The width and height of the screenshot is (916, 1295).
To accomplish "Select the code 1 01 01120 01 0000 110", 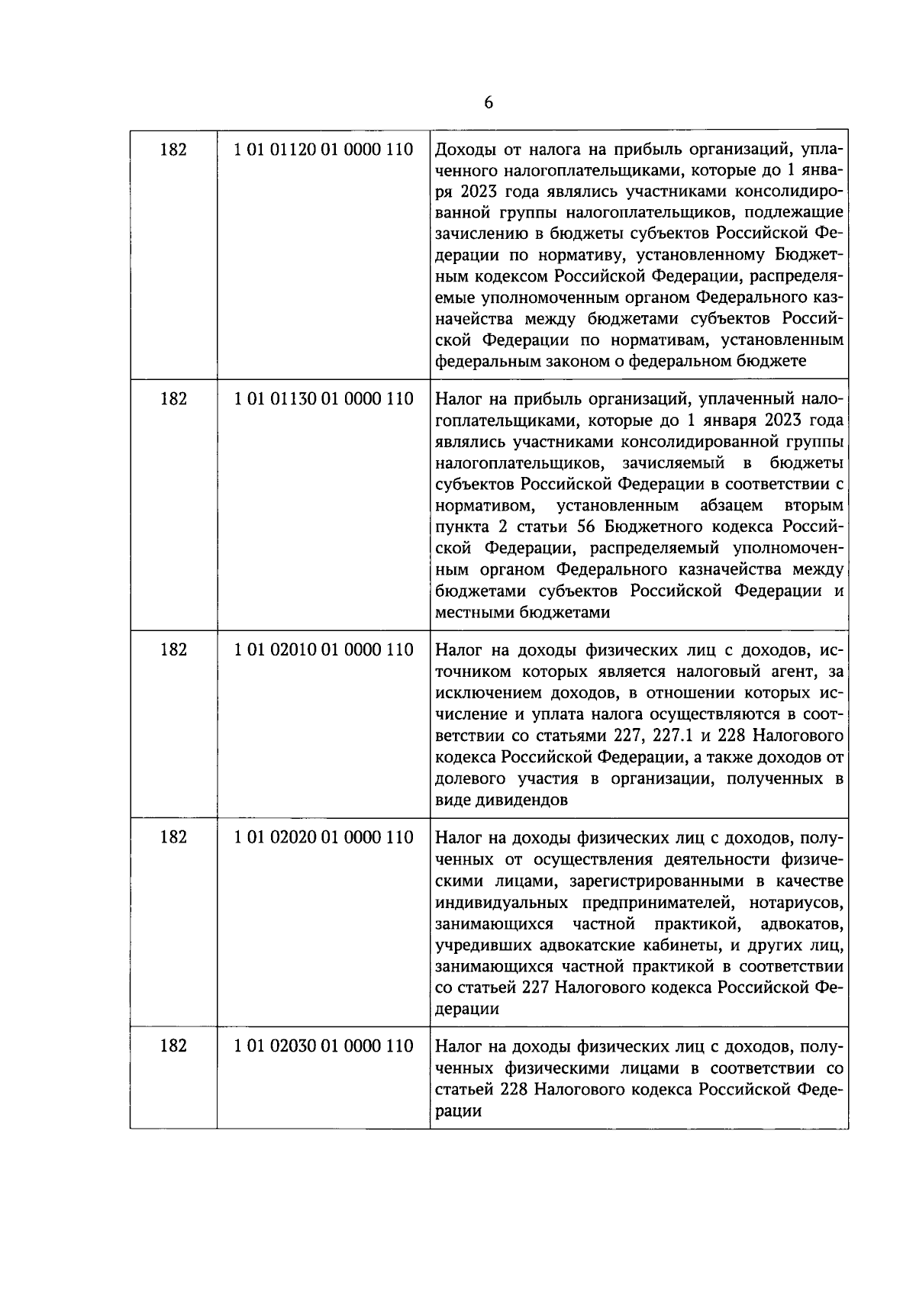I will [324, 150].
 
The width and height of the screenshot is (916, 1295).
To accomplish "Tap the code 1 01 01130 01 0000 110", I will [324, 399].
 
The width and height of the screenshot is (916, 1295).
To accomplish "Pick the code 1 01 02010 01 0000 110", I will [324, 650].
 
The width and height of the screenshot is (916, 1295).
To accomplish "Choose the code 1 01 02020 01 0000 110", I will [324, 838].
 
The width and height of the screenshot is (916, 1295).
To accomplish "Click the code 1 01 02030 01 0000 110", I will [324, 1046].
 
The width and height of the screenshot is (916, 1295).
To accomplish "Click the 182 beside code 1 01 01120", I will [173, 150].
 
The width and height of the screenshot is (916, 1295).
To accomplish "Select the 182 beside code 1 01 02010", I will [173, 650].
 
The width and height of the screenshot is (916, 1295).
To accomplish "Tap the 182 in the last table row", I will [173, 1046].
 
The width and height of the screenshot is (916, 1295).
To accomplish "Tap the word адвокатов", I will [802, 925].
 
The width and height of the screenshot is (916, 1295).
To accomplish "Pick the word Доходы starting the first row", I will [463, 150].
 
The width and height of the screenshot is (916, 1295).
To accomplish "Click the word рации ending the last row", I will [458, 1111].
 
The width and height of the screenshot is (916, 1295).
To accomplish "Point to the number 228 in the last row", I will [514, 1090].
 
